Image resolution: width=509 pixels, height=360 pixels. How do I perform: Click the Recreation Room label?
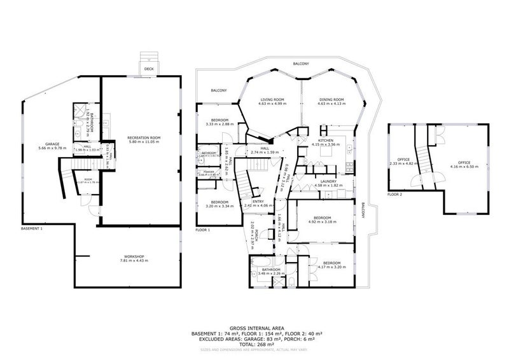[x=143, y=137]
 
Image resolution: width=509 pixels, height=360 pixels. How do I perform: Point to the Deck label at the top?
[x=149, y=69]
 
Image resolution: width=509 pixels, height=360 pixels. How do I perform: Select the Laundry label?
[x=328, y=181]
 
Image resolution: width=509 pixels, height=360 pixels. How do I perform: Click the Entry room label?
[x=258, y=202]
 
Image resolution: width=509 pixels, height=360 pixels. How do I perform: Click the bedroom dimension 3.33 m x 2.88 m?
[x=220, y=124]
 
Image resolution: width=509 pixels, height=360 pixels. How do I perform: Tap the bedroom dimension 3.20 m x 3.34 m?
[x=218, y=206]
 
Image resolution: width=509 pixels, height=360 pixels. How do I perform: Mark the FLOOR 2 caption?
[x=394, y=193]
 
